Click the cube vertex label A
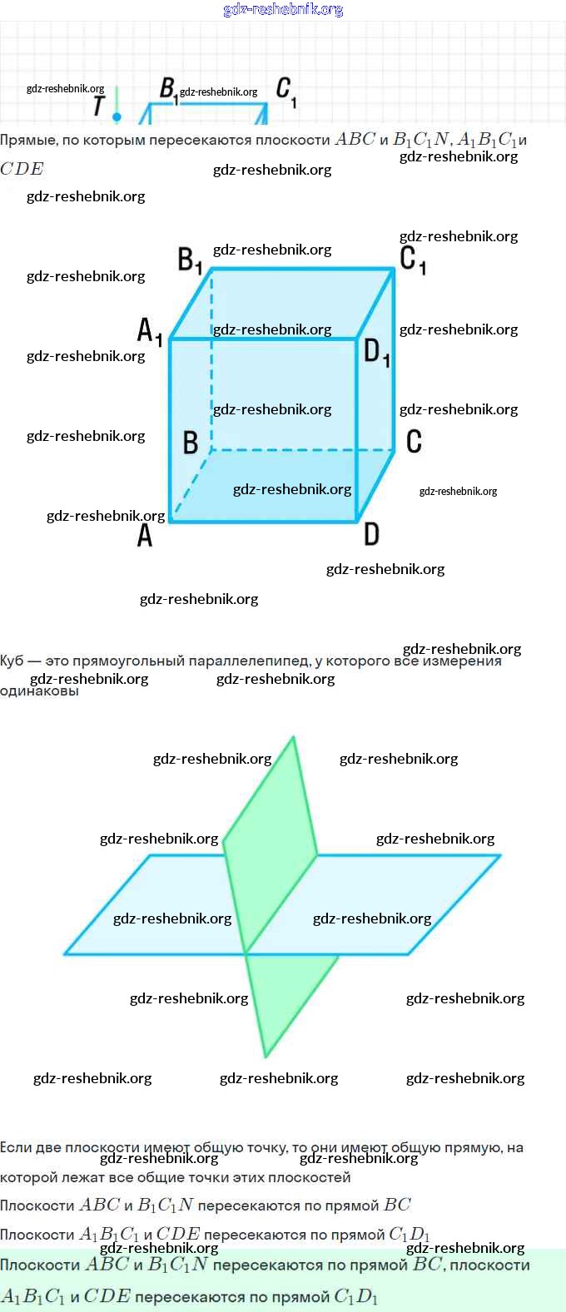tap(145, 536)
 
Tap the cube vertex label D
tap(371, 534)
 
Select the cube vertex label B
tap(191, 443)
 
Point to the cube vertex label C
tap(414, 441)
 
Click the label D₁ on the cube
tap(376, 353)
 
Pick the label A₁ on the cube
tap(149, 331)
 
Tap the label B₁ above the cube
tap(190, 260)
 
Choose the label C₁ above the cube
tap(413, 259)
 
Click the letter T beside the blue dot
tap(99, 106)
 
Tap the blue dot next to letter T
tap(117, 117)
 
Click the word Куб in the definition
tap(12, 661)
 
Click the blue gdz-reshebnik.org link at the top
tap(283, 9)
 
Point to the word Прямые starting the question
tap(28, 141)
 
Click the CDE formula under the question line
tap(22, 169)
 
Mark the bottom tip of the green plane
tap(266, 1056)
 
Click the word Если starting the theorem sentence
tap(16, 1148)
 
